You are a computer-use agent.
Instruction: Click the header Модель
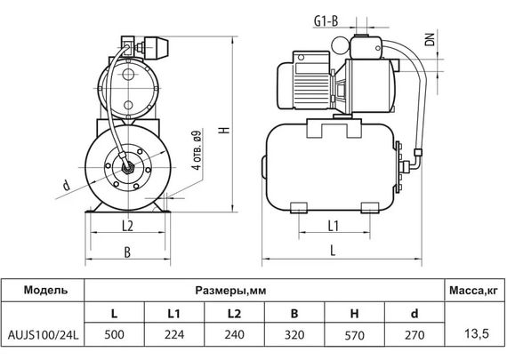point(41,292)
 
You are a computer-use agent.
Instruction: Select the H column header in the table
point(354,314)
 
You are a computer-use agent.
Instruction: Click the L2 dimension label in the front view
point(125,225)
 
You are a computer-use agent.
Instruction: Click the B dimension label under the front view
point(125,252)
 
